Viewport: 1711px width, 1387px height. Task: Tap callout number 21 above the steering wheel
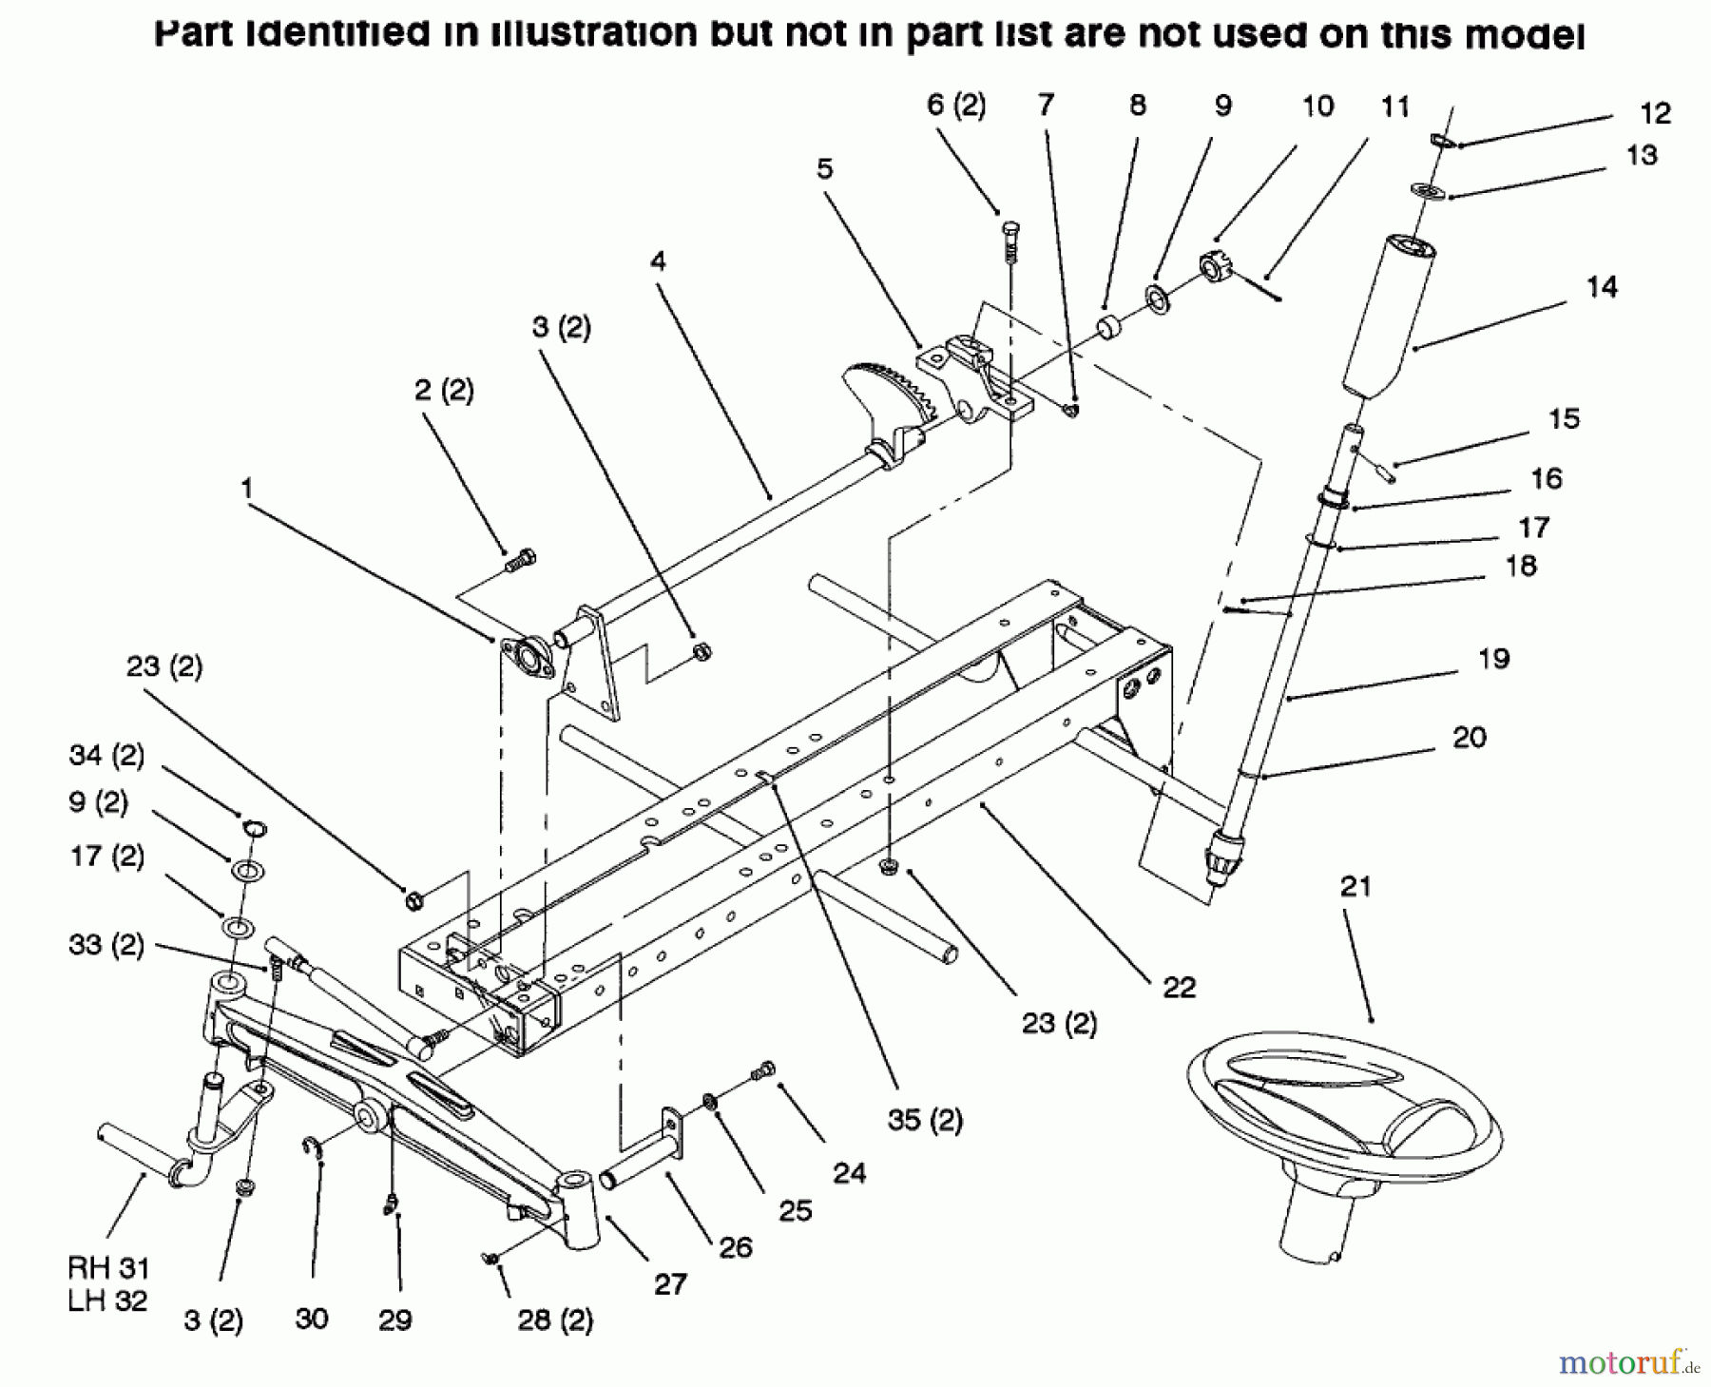point(1355,887)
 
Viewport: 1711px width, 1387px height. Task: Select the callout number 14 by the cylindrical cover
point(1602,286)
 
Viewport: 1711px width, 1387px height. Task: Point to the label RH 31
point(107,1267)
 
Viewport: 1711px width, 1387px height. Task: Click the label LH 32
point(107,1300)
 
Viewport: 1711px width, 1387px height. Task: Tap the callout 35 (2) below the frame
point(925,1120)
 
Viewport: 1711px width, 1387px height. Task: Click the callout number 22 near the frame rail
point(1179,987)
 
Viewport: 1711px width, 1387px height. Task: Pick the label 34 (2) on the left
point(106,756)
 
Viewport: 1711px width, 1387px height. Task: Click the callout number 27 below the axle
point(670,1284)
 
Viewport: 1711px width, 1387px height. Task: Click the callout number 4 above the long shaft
point(658,260)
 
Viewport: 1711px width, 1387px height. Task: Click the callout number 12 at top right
point(1655,114)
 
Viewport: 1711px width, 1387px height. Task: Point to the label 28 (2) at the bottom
point(555,1320)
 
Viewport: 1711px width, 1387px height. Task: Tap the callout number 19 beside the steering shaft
point(1493,658)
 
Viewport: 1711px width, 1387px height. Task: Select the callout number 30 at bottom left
point(311,1319)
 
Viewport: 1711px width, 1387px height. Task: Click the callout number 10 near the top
point(1317,106)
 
